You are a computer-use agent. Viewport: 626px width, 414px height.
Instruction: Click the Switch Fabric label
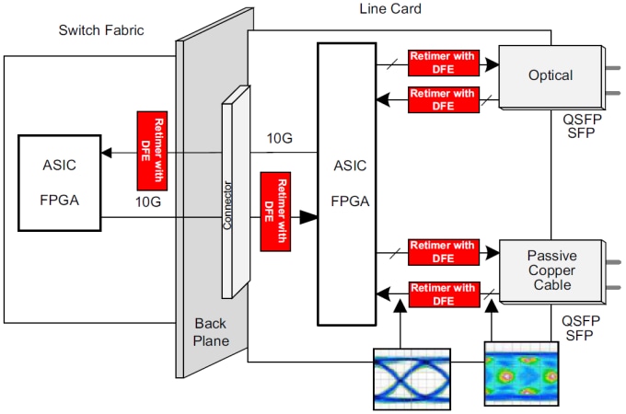click(101, 30)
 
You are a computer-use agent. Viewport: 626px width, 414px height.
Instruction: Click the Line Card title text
click(389, 8)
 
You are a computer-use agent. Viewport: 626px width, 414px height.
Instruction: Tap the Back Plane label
click(211, 332)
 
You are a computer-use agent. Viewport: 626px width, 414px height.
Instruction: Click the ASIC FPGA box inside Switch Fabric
click(58, 181)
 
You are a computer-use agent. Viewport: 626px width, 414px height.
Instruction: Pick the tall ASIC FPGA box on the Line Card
click(346, 183)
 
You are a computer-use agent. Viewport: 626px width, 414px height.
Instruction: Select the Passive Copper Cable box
click(551, 270)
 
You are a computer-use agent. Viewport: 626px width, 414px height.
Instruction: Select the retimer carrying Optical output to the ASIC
click(443, 99)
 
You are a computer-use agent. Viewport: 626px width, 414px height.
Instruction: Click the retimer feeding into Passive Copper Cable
click(443, 252)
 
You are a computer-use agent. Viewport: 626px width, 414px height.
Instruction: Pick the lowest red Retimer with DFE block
click(443, 294)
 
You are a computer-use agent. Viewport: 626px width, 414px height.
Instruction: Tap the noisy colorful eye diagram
click(521, 374)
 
